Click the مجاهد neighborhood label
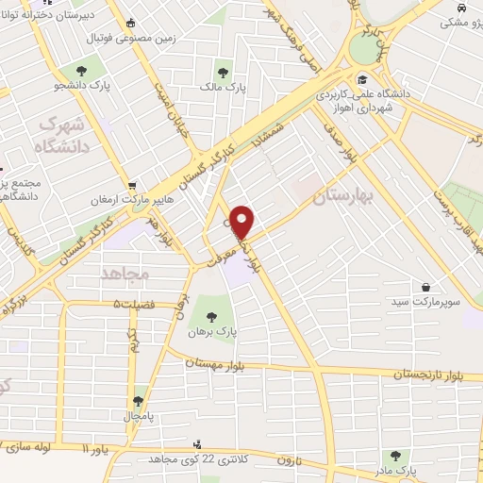(x=125, y=274)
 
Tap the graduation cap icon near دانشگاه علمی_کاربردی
(x=362, y=78)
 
